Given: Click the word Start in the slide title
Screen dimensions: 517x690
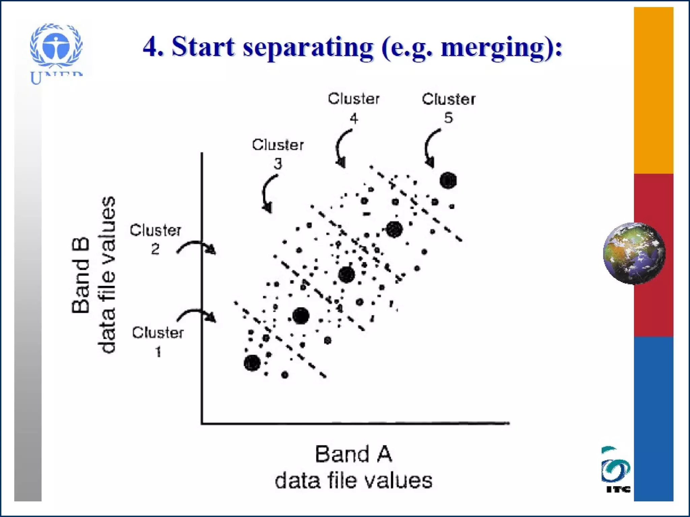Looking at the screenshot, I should point(203,47).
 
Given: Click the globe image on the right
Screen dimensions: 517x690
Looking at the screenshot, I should point(634,253).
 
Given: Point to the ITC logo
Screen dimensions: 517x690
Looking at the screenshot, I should point(616,469).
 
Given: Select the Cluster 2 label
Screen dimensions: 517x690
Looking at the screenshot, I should point(155,239).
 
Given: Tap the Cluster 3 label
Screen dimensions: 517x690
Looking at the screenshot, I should point(278,153).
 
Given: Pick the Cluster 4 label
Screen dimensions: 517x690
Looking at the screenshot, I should point(354,108).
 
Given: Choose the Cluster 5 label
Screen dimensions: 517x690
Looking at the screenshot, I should point(448,108).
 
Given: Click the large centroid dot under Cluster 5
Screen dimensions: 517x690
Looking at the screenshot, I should point(448,180).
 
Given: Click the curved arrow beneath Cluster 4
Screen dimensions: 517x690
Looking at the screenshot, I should point(342,148).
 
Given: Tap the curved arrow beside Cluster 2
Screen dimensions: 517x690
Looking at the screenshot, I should point(197,247).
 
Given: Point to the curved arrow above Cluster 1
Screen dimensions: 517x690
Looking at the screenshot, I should point(197,315).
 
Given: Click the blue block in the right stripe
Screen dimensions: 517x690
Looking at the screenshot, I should point(653,419).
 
